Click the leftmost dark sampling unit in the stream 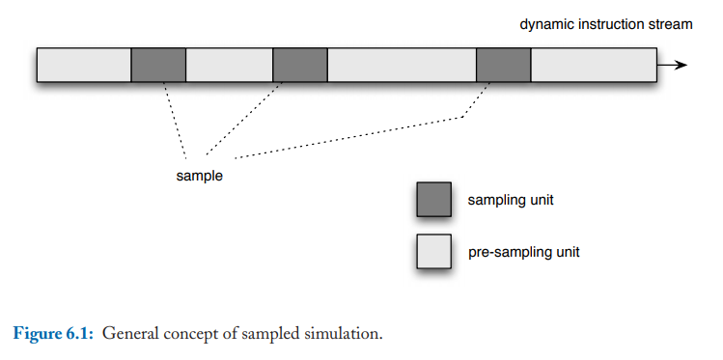point(158,65)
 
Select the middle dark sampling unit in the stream point(300,65)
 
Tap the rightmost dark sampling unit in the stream point(504,65)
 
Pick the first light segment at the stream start point(84,65)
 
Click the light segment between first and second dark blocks point(230,65)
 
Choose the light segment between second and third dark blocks point(403,65)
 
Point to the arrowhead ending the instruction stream point(681,65)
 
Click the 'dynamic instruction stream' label point(605,24)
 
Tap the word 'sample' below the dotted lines point(199,176)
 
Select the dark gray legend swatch point(433,199)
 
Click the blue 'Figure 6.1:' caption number point(52,335)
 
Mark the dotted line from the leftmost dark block point(175,111)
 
